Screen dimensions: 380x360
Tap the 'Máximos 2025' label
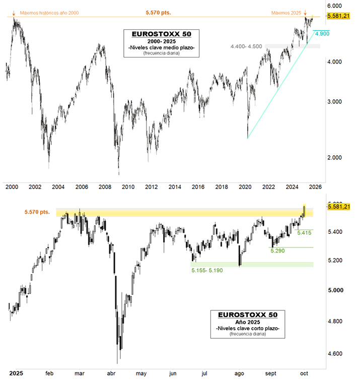click(x=286, y=13)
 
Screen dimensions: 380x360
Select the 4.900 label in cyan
click(x=322, y=33)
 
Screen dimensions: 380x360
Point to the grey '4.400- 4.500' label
click(x=246, y=46)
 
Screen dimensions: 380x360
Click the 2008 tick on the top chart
click(x=105, y=187)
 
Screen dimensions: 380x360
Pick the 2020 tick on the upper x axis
click(x=245, y=187)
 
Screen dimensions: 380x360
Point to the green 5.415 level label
click(x=305, y=233)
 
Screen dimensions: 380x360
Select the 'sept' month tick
click(x=271, y=373)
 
